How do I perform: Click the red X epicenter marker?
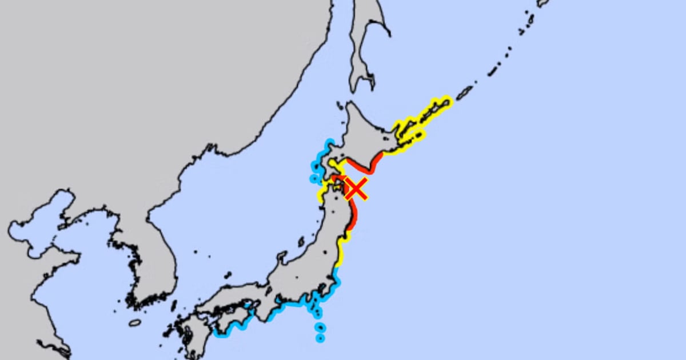[x=356, y=188]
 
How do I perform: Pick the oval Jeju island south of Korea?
[x=135, y=323]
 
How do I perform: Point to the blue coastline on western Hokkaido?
[x=316, y=166]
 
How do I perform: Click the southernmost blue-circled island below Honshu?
[x=320, y=338]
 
